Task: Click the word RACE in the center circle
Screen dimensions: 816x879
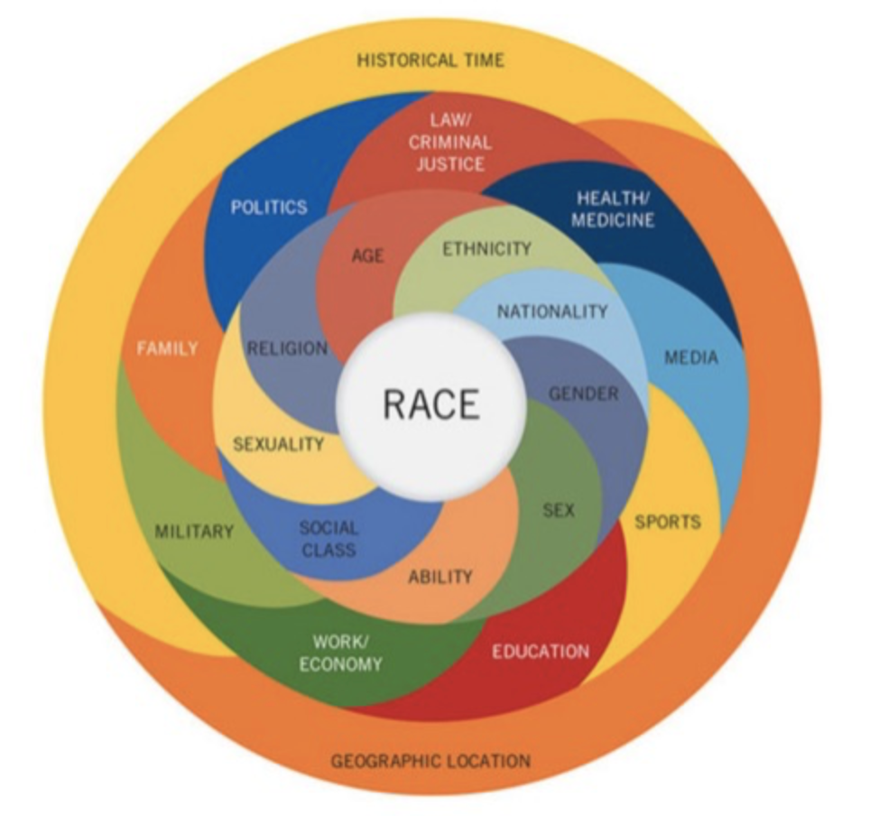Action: [x=430, y=404]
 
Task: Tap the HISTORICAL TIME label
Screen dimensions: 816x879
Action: [x=430, y=60]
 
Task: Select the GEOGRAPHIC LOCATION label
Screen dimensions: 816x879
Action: [x=430, y=760]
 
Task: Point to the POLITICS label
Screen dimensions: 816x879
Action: [x=269, y=207]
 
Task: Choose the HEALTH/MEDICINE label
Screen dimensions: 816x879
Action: [x=615, y=209]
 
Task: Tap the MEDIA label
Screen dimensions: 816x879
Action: [x=691, y=357]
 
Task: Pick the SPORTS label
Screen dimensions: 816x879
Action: [x=668, y=522]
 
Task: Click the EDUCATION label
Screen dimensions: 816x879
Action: [x=541, y=651]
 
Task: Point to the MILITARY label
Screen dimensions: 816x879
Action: [x=194, y=531]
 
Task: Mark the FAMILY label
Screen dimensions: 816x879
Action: [x=167, y=348]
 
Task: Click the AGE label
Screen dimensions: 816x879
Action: [x=367, y=255]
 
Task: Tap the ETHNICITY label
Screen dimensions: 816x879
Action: [x=486, y=248]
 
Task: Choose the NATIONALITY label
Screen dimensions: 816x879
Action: [x=552, y=311]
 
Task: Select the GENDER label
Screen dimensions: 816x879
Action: [x=584, y=394]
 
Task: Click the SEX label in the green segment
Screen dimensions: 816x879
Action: [x=559, y=510]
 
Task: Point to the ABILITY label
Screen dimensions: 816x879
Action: [x=440, y=576]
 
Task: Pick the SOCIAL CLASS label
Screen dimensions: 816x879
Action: [x=328, y=539]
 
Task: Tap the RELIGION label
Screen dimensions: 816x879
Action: [x=288, y=348]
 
